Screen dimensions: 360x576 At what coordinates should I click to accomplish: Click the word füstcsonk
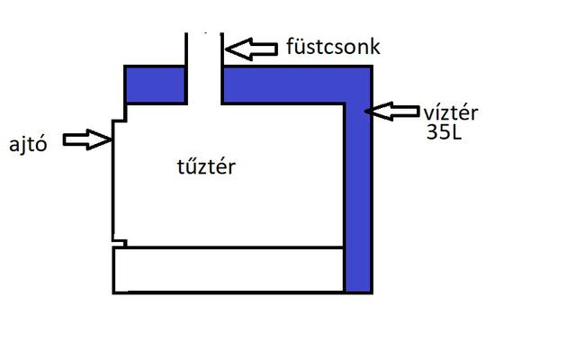coord(332,46)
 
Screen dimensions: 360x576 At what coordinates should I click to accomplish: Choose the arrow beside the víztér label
coord(392,112)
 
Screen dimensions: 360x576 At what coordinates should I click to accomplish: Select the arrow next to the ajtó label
coord(87,139)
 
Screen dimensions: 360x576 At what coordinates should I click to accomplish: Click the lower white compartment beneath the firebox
coord(229,269)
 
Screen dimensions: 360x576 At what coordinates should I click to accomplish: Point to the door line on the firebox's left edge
coord(112,189)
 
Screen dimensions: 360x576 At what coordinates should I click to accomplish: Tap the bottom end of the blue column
coord(358,290)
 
